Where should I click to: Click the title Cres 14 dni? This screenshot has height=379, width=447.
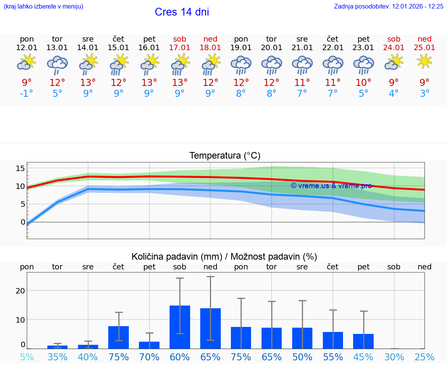[x=182, y=12]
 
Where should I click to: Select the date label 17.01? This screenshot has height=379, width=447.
[x=180, y=48]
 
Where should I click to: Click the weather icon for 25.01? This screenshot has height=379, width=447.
[x=424, y=61]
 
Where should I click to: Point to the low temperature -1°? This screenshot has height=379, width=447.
[x=27, y=94]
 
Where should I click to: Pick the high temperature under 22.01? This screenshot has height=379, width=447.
[x=333, y=83]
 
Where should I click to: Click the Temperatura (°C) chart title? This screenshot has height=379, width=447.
[x=225, y=156]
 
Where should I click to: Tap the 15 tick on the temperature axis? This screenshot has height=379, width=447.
[x=20, y=168]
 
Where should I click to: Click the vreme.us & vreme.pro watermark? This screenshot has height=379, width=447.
[x=331, y=186]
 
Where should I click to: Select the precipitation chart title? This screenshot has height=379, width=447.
[x=224, y=257]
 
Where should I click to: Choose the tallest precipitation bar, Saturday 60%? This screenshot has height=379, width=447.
[x=180, y=327]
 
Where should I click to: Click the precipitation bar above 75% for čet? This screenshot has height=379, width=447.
[x=118, y=337]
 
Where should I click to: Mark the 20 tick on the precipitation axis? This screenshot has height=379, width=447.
[x=20, y=291]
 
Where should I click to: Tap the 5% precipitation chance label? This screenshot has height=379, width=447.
[x=27, y=357]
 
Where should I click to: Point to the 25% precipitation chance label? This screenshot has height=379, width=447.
[x=424, y=357]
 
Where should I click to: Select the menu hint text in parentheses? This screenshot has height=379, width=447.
[x=43, y=7]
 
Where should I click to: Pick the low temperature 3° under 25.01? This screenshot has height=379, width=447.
[x=424, y=94]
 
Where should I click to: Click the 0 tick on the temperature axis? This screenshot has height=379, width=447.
[x=23, y=222]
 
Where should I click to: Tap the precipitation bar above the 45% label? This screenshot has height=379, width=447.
[x=363, y=341]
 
